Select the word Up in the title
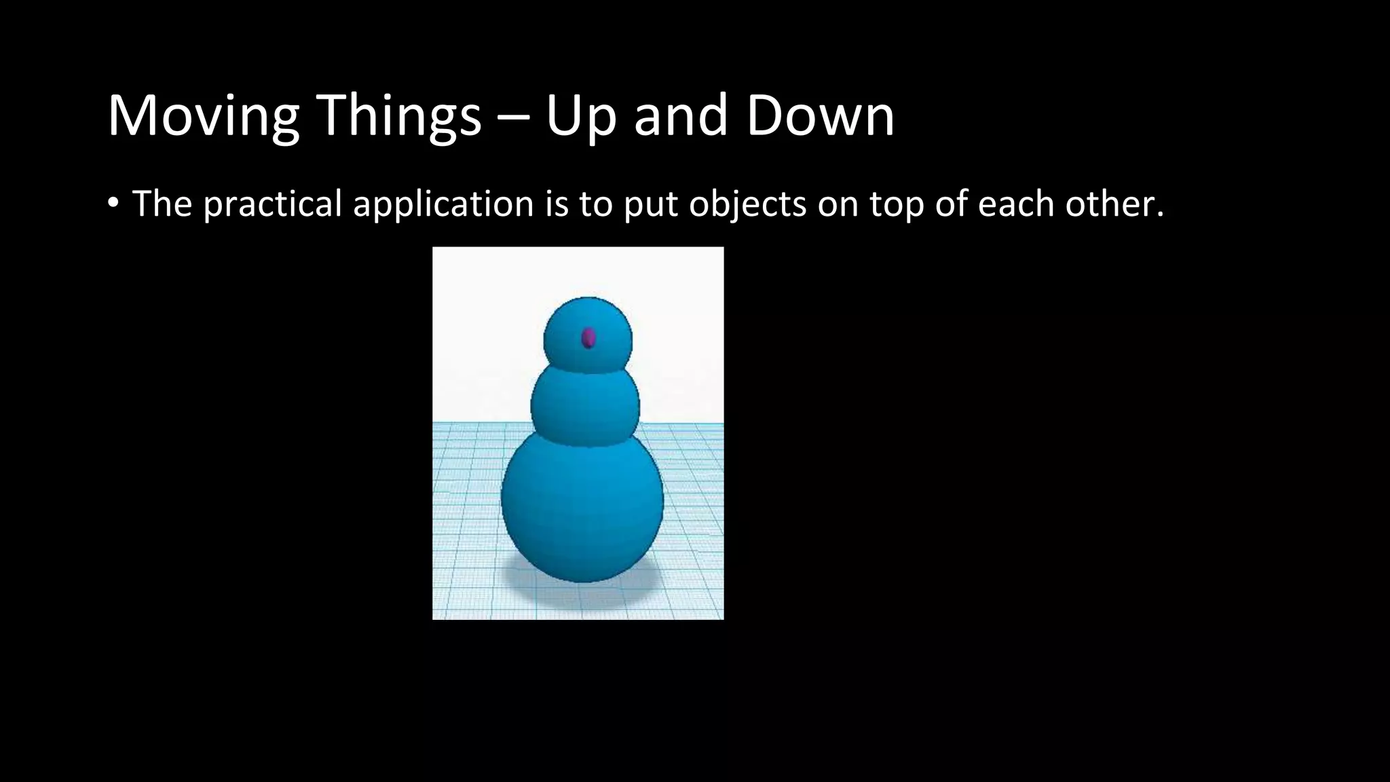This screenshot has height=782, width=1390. pos(580,117)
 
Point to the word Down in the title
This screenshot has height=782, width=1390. pos(820,117)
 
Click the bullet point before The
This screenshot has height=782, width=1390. pos(113,204)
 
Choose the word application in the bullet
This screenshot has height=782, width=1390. pos(443,204)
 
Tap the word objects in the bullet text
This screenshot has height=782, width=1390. pos(747,204)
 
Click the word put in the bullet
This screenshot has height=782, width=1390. pos(650,204)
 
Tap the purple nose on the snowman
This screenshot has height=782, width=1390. pos(588,337)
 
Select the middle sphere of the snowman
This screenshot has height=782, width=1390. pos(584,406)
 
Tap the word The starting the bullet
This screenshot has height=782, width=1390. pos(162,204)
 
